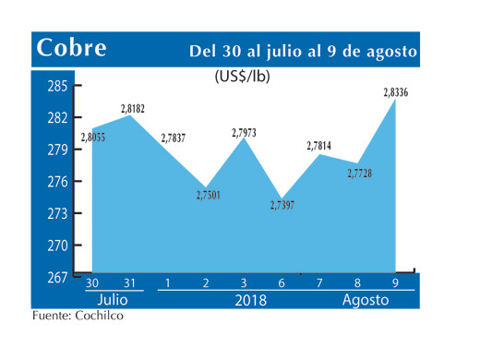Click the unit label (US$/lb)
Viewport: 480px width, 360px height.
[243, 77]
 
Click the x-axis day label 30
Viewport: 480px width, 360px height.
[92, 282]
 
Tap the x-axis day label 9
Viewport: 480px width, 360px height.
[396, 282]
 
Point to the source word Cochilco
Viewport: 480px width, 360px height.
[97, 317]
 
